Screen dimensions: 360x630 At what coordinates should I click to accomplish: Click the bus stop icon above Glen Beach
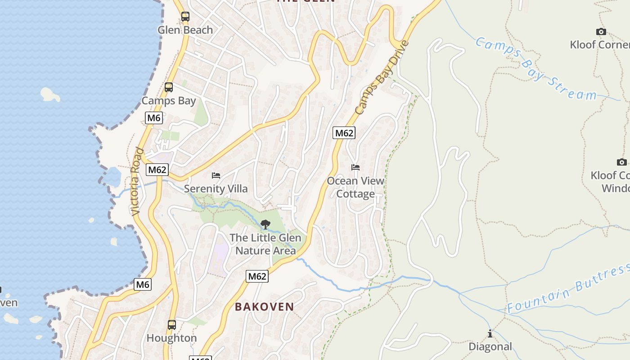(x=185, y=17)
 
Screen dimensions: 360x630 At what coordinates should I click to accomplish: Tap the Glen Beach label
(x=185, y=30)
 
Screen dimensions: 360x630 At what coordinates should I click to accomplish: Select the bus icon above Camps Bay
(x=169, y=87)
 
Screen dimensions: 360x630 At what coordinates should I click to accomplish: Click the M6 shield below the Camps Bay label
(x=154, y=118)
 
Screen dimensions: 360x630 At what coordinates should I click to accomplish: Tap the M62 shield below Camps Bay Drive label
(x=344, y=133)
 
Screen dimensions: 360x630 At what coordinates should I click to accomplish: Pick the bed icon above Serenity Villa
(x=216, y=175)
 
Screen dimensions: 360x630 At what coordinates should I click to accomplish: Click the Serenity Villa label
(x=216, y=189)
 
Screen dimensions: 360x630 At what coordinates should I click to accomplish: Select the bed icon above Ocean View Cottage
(x=355, y=167)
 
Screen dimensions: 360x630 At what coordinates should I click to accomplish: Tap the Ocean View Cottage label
(x=355, y=187)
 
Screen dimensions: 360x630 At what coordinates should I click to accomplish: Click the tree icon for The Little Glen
(x=265, y=224)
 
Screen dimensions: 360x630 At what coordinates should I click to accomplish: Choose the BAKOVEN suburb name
(x=265, y=307)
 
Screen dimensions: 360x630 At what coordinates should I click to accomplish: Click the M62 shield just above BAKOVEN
(x=257, y=276)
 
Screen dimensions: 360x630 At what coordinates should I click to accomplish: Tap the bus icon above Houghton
(x=171, y=324)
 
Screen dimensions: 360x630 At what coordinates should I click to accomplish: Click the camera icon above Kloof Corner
(x=601, y=31)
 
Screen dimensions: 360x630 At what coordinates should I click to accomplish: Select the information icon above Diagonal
(x=490, y=333)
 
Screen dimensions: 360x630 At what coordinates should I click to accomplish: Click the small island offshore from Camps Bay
(x=50, y=94)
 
